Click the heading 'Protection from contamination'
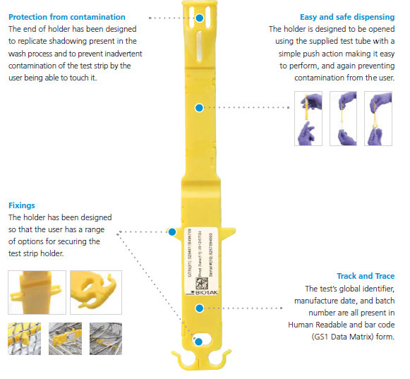(x=66, y=16)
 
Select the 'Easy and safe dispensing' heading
(x=347, y=16)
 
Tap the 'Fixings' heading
(x=21, y=205)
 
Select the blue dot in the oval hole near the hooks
(x=200, y=342)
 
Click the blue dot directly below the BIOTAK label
(x=200, y=306)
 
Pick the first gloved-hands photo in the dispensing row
(x=308, y=119)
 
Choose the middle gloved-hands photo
(x=343, y=119)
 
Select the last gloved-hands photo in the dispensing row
(x=378, y=119)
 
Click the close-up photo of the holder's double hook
(x=96, y=292)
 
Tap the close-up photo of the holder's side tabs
(x=35, y=292)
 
